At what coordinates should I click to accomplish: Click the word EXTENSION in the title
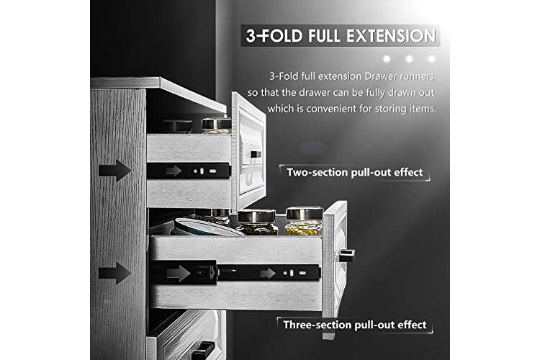click(x=391, y=36)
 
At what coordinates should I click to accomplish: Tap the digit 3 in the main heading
click(x=251, y=36)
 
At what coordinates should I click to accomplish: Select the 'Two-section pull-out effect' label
click(x=354, y=172)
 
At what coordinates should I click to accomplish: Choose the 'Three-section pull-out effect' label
click(x=355, y=325)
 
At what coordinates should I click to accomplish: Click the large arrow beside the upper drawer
click(x=114, y=171)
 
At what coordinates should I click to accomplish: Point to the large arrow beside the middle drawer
click(x=114, y=273)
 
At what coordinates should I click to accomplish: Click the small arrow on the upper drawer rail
click(x=174, y=171)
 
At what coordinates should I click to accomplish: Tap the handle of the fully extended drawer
click(x=346, y=256)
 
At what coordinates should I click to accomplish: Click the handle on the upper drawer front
click(x=256, y=154)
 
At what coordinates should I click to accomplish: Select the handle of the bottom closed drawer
click(x=202, y=351)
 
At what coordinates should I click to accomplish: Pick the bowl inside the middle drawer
click(x=206, y=227)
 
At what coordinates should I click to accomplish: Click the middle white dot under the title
click(x=409, y=59)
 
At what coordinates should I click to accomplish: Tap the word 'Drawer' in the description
click(x=380, y=76)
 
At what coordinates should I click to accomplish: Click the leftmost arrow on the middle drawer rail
click(x=178, y=273)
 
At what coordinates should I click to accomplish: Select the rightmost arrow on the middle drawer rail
click(x=268, y=274)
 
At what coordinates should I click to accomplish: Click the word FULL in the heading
click(x=325, y=36)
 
